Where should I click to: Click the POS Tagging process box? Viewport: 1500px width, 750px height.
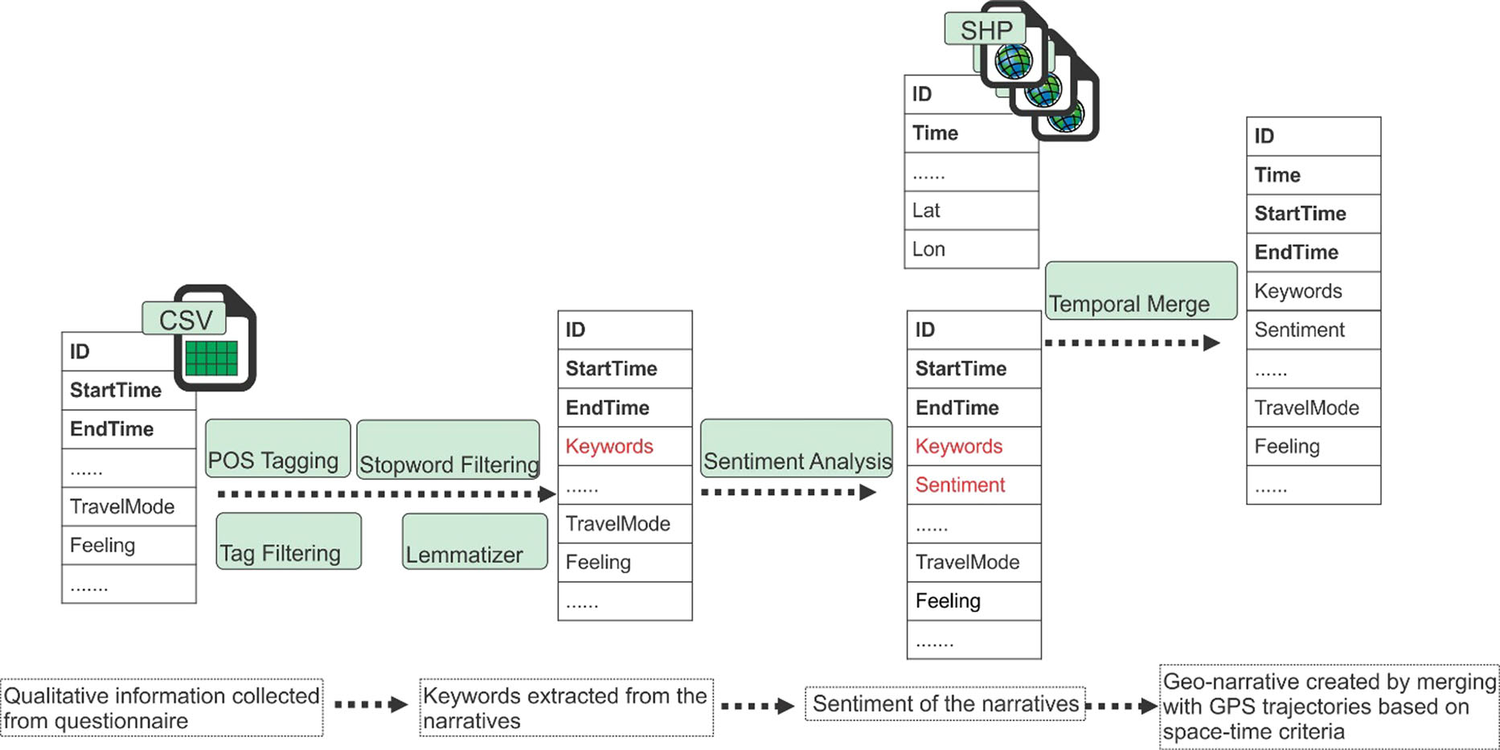point(277,449)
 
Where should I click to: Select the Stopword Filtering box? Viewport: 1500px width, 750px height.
point(448,449)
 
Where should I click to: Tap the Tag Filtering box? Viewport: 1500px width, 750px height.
point(289,542)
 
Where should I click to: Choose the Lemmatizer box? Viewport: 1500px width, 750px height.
point(474,543)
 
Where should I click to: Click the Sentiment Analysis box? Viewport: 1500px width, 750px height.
point(796,449)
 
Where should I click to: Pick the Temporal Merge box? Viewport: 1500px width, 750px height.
point(1140,291)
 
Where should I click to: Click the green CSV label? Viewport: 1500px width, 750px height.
point(184,319)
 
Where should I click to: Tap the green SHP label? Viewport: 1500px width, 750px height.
point(985,30)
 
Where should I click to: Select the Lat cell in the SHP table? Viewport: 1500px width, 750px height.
point(971,211)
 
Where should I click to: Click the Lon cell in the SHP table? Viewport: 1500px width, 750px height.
point(971,249)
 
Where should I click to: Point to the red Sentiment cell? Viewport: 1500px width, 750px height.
point(973,485)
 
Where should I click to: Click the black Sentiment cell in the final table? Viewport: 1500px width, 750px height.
point(1313,330)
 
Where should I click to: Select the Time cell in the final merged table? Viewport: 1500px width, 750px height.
point(1313,174)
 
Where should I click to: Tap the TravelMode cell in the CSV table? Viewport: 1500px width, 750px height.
point(129,506)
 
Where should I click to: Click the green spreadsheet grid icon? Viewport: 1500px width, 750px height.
point(211,359)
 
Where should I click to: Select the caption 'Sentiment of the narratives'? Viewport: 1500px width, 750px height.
point(945,704)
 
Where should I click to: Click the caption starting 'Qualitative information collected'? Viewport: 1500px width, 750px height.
point(162,707)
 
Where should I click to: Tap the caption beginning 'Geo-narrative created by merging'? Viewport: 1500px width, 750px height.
point(1329,707)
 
